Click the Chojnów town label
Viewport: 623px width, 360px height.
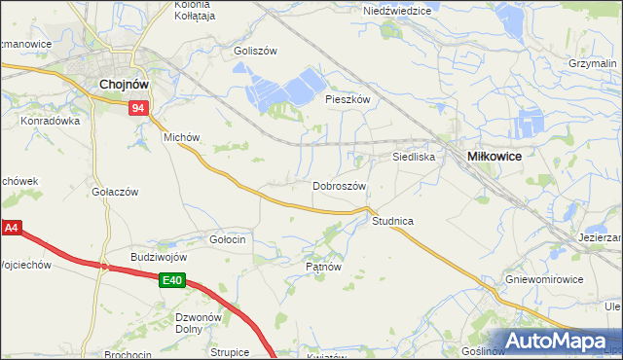coord(123,85)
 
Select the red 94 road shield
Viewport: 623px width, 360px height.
coord(139,109)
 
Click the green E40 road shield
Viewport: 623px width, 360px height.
coord(172,280)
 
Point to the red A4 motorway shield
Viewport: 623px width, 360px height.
coord(11,230)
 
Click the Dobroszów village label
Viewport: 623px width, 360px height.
coord(339,186)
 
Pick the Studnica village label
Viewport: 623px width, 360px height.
coord(392,222)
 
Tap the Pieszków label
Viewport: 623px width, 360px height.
coord(348,99)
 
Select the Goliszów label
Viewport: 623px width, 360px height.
coord(256,51)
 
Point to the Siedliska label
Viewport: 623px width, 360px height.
coord(413,156)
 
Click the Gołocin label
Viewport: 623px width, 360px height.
coord(227,238)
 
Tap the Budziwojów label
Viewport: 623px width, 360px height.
coord(159,257)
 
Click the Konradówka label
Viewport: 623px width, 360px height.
coord(49,122)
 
